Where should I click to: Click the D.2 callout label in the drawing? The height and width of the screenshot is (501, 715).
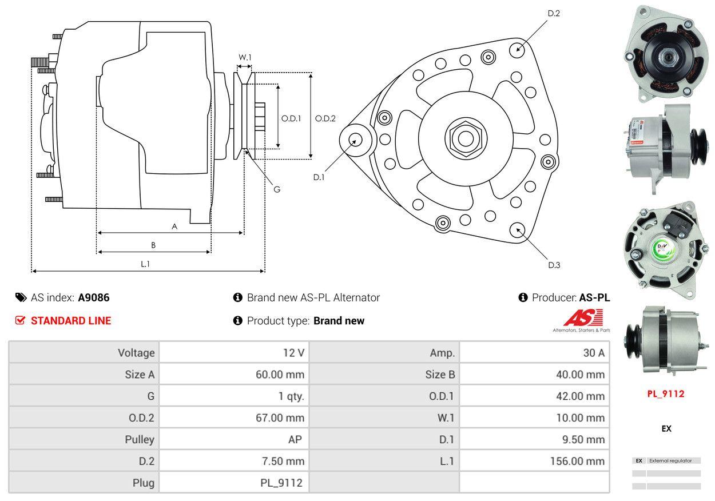tap(553, 13)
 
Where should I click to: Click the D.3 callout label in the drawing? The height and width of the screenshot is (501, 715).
tap(554, 265)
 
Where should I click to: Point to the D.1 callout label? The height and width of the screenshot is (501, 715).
tap(319, 177)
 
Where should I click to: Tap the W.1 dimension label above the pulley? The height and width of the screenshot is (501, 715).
tap(245, 57)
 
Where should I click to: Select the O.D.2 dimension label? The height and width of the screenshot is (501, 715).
tap(325, 118)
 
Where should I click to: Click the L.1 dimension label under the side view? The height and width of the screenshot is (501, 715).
tap(145, 264)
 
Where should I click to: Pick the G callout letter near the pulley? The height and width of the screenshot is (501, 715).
tap(277, 189)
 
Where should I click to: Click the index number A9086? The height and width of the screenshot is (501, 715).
tap(94, 297)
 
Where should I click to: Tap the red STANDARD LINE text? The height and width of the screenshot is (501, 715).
tap(71, 321)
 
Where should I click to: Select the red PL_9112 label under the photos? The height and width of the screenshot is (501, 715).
tap(666, 393)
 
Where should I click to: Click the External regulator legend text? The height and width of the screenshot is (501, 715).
tap(670, 460)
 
